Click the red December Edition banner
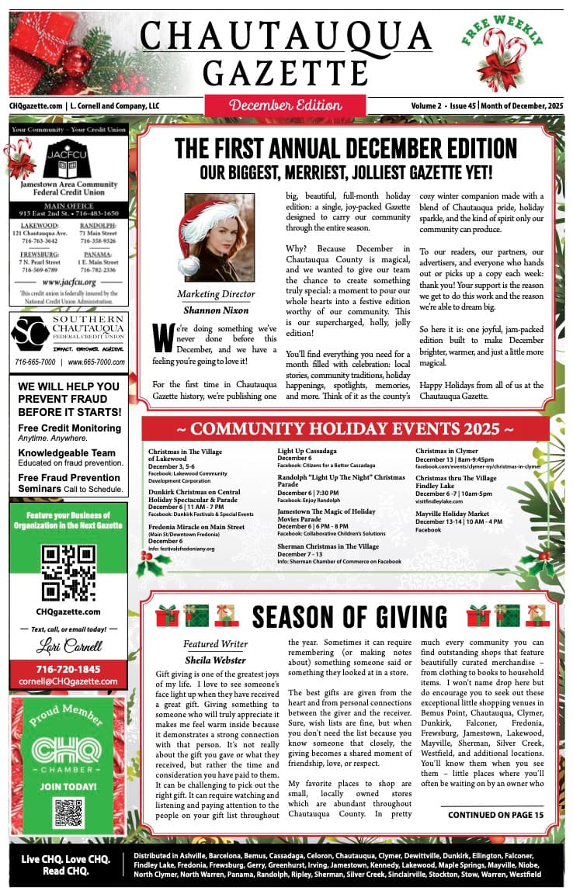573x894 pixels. [285, 105]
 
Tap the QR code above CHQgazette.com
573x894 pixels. [68, 573]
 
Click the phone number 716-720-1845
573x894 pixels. [68, 669]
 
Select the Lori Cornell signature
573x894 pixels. [68, 646]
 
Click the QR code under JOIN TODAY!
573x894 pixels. [68, 812]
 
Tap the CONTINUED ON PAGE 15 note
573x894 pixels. [495, 815]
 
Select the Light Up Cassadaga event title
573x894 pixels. [307, 451]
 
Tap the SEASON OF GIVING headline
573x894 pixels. [350, 617]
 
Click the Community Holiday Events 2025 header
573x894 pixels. [345, 429]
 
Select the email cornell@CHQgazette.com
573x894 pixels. [68, 681]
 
